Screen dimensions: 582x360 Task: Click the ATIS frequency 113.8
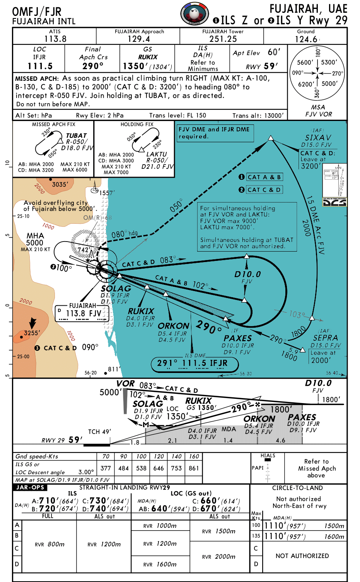[55, 39]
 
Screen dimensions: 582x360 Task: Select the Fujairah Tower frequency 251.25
[223, 39]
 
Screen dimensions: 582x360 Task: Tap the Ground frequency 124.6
[306, 39]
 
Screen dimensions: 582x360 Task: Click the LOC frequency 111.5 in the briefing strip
[40, 66]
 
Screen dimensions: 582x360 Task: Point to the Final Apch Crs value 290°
[93, 66]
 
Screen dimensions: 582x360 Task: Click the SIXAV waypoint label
[318, 138]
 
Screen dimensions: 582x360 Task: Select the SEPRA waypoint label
[325, 338]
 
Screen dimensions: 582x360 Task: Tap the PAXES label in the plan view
[237, 338]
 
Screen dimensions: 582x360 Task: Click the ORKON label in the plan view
[174, 326]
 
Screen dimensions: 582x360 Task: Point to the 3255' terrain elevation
[31, 333]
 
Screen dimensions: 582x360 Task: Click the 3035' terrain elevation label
[60, 184]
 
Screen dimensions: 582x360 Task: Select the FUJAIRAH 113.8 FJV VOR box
[82, 313]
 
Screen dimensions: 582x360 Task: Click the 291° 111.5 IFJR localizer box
[195, 363]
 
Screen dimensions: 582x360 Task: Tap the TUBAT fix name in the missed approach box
[76, 136]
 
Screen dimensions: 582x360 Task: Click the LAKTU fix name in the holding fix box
[156, 154]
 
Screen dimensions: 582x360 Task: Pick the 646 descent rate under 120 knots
[159, 468]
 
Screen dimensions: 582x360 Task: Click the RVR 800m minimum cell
[50, 544]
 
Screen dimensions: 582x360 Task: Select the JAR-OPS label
[30, 488]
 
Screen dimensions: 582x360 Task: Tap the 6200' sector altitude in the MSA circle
[305, 84]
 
